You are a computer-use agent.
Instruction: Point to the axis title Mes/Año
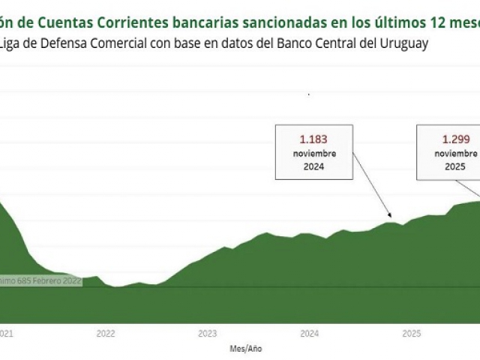coord(247,349)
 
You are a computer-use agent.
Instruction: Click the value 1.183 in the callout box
coord(313,139)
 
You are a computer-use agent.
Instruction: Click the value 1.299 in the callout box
coord(454,139)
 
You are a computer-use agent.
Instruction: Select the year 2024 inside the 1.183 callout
coord(313,167)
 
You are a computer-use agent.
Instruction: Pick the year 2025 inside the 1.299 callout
coord(454,167)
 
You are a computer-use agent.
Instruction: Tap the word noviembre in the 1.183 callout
coord(313,154)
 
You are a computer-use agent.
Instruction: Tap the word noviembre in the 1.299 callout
coord(454,154)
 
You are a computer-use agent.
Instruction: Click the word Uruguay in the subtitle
coord(406,43)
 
